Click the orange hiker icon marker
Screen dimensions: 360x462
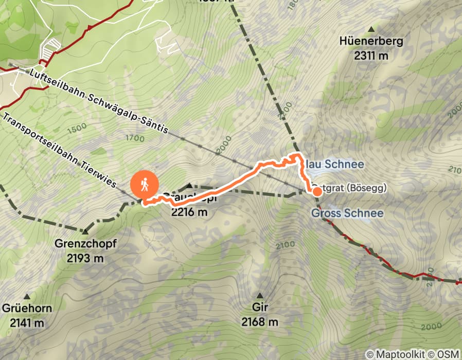tap(145, 185)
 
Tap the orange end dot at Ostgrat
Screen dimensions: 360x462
tap(317, 192)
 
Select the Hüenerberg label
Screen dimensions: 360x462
tap(371, 41)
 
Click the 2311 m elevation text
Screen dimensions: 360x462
tap(371, 55)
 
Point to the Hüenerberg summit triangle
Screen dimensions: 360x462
tap(371, 28)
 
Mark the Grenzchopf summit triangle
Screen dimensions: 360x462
tap(85, 231)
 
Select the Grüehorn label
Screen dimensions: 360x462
tap(26, 309)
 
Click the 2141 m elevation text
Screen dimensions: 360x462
tap(26, 323)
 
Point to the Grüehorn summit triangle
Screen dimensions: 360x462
tap(26, 297)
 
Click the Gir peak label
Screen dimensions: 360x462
tap(260, 308)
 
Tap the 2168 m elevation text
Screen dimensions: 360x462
tap(260, 322)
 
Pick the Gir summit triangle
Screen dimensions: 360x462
tap(260, 296)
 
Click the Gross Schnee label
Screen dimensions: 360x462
tap(348, 213)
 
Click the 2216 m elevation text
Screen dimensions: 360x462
tap(189, 211)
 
